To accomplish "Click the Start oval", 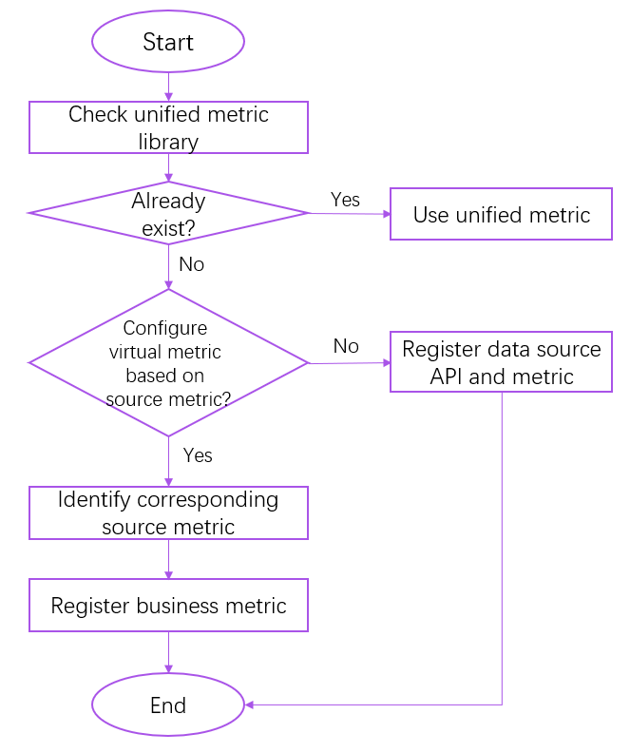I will click(168, 42).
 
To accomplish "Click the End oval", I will click(168, 705).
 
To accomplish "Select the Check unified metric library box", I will click(168, 127).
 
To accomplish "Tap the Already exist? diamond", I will click(168, 213).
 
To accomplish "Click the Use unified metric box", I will click(501, 214).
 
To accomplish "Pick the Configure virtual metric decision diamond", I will click(168, 362).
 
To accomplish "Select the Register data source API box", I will click(501, 362).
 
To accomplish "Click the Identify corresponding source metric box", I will click(168, 512).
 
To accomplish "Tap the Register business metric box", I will click(168, 606).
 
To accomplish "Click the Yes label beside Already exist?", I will click(345, 199).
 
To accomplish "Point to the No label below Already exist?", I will click(191, 264).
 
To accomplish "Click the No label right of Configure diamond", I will click(346, 346).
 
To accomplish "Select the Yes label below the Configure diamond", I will click(198, 455).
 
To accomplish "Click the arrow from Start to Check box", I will click(168, 86).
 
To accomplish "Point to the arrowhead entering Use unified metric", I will click(386, 214).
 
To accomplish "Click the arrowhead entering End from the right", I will click(250, 705).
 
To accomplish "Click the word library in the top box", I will click(168, 142).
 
